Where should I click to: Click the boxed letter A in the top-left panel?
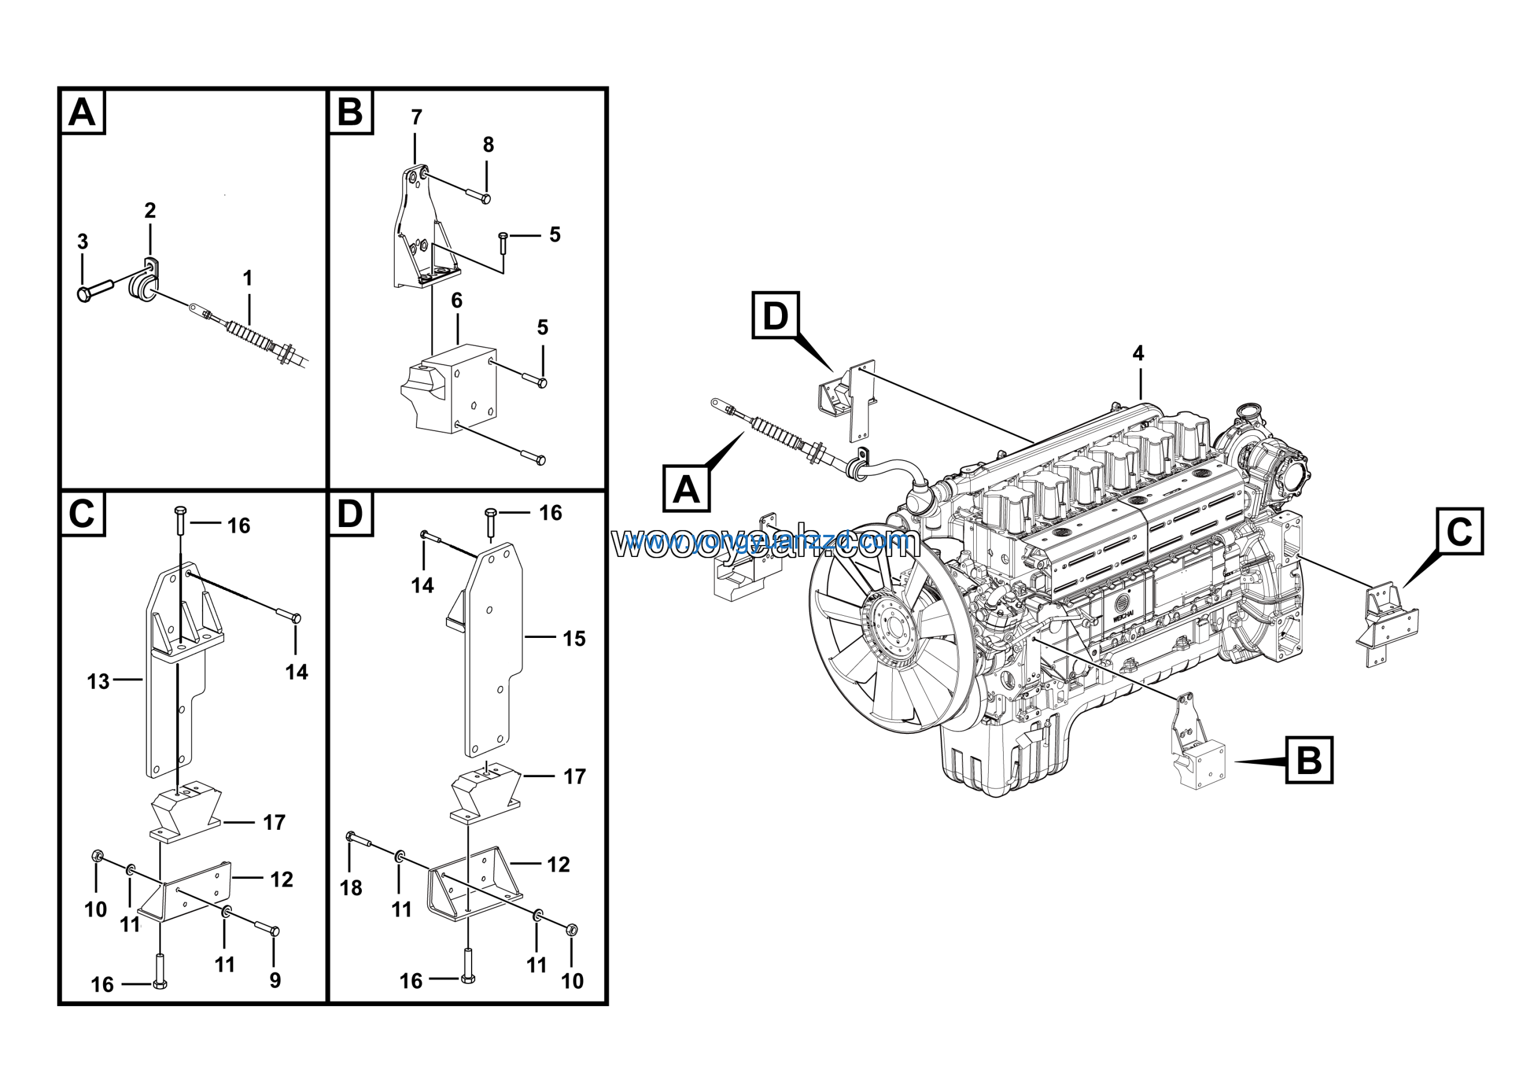82,112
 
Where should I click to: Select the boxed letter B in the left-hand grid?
350,112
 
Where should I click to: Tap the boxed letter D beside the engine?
775,315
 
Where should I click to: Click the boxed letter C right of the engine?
1459,531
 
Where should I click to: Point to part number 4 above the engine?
1139,353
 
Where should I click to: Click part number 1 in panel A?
248,278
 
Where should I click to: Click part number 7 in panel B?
416,118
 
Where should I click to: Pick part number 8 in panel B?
488,144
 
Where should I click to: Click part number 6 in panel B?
457,301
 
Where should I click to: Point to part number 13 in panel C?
98,682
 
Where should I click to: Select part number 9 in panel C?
275,980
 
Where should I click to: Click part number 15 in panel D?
574,639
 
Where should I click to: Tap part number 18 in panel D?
351,887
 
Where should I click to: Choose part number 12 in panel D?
558,865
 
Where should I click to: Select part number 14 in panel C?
297,672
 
